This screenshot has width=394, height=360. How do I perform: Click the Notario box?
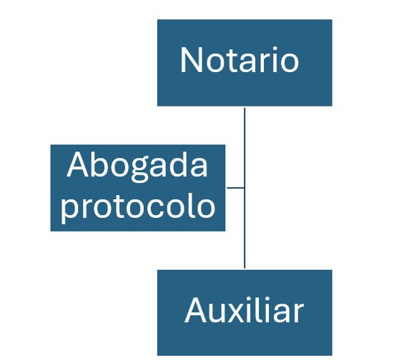click(x=245, y=63)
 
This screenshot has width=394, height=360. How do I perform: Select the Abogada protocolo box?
click(x=138, y=188)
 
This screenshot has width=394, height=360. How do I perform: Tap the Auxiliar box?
click(x=245, y=313)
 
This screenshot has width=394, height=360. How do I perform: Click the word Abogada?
click(x=137, y=166)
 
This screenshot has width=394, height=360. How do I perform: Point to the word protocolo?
click(x=138, y=208)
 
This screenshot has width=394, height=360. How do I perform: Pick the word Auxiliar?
click(x=245, y=310)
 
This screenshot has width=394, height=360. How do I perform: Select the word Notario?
click(x=240, y=60)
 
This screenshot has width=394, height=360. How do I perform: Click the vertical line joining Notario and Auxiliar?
click(x=245, y=188)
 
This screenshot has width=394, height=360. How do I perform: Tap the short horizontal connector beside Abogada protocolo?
click(x=235, y=188)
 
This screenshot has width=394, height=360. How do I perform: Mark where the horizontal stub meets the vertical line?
click(x=245, y=188)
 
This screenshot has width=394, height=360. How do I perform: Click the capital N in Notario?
click(x=191, y=60)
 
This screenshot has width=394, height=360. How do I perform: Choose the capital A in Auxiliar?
click(x=195, y=310)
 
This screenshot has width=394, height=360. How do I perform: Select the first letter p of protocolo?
click(x=70, y=211)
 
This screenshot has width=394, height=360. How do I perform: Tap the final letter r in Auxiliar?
click(x=298, y=314)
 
